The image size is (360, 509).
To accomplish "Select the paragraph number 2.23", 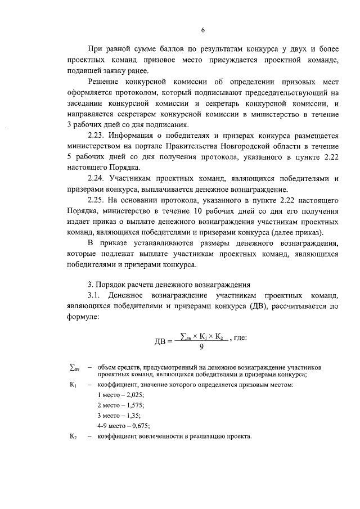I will [x=98, y=135].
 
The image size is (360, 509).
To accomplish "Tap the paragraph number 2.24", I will [x=98, y=178].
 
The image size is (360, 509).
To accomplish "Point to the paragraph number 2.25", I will [x=98, y=200].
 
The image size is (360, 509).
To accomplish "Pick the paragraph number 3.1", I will [x=96, y=296].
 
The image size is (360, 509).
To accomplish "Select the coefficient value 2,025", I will [x=133, y=395].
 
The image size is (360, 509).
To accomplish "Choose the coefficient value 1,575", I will [x=133, y=405].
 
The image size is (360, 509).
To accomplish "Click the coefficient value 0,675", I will [x=137, y=426].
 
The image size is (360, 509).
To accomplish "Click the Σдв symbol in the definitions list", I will [x=73, y=367].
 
